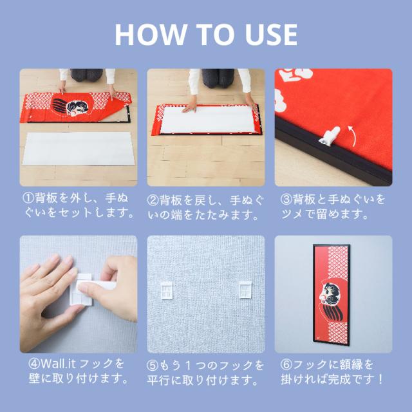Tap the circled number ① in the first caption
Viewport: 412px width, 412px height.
click(x=28, y=198)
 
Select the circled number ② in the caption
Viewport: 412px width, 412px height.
click(x=153, y=200)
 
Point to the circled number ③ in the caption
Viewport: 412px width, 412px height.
click(x=286, y=200)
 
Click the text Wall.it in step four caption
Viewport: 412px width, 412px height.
click(x=58, y=364)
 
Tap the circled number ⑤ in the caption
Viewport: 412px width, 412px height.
click(x=153, y=366)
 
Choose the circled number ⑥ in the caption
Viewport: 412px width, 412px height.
click(x=286, y=364)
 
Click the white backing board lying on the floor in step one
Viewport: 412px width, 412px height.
click(x=79, y=149)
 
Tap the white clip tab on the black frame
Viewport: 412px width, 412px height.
click(x=330, y=135)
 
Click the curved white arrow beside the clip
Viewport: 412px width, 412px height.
click(x=353, y=136)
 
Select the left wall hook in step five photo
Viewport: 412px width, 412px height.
click(x=167, y=290)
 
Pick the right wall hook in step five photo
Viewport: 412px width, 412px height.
click(x=245, y=290)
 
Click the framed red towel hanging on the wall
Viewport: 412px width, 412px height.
click(x=332, y=295)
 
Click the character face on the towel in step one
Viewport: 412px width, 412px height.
click(x=76, y=108)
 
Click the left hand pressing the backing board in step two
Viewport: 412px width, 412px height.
click(x=189, y=107)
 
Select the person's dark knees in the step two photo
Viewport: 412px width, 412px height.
click(x=218, y=78)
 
